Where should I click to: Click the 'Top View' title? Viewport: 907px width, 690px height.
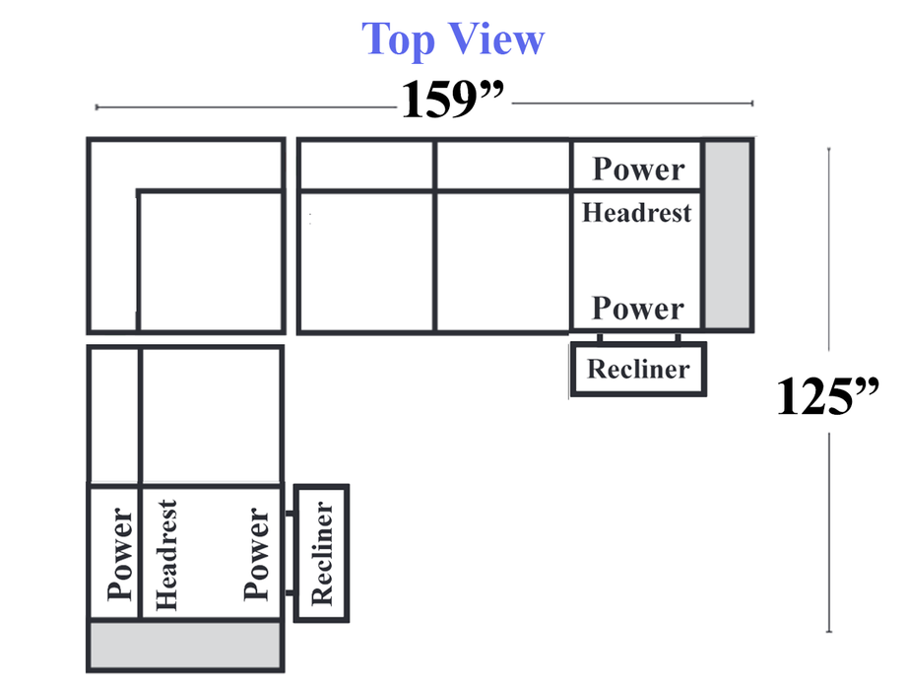tap(452, 39)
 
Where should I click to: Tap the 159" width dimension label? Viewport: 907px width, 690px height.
tap(452, 100)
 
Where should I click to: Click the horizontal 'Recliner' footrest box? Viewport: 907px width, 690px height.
tap(638, 370)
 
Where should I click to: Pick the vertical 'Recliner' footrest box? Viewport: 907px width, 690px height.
tap(322, 553)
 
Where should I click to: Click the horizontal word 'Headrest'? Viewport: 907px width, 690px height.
tap(636, 212)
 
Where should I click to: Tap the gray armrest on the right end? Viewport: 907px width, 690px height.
tap(728, 235)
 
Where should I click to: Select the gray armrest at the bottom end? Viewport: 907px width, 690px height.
tap(186, 645)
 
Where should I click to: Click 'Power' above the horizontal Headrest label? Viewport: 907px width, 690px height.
tap(637, 169)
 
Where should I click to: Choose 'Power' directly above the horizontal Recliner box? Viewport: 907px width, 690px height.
tap(637, 308)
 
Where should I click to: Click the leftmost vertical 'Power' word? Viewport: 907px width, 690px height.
tap(119, 554)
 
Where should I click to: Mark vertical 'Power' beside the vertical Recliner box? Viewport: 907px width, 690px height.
tap(256, 554)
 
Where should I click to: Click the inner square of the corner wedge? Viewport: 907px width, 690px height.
tap(210, 261)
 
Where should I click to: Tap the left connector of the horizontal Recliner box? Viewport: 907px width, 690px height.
tap(600, 338)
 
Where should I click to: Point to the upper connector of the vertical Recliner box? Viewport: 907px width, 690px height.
tap(289, 514)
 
